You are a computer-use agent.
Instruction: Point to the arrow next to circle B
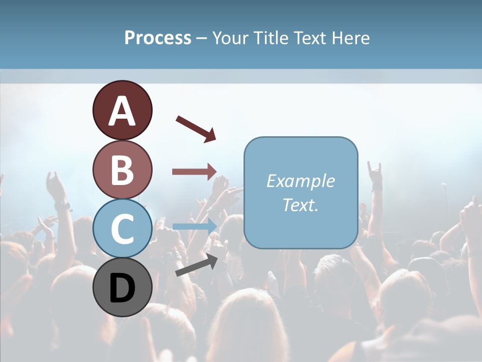194,171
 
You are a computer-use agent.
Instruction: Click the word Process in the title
158,38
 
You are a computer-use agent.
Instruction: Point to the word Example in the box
301,181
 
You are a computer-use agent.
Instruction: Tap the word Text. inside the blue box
301,205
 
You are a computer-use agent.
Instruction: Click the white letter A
122,111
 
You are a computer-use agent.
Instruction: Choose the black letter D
122,288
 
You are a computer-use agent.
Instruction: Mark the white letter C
122,229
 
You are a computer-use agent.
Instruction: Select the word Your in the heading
231,38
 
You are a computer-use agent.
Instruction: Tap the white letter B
122,170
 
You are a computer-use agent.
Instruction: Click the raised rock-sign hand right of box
375,173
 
